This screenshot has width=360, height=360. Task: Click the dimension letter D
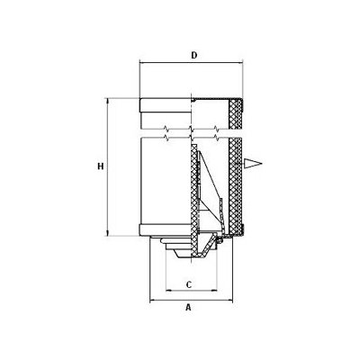(x=194, y=56)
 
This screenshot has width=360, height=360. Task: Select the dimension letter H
(x=101, y=166)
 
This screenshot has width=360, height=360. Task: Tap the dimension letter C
(x=189, y=284)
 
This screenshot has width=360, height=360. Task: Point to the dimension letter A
(x=188, y=307)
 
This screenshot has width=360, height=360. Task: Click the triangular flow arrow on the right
(x=253, y=164)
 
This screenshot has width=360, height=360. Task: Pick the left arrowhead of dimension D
(x=143, y=63)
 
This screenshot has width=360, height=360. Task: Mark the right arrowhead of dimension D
(x=240, y=63)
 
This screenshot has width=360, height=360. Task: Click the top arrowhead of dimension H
(x=107, y=101)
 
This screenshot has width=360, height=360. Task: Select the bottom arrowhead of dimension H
(x=107, y=233)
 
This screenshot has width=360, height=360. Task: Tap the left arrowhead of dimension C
(x=168, y=291)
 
